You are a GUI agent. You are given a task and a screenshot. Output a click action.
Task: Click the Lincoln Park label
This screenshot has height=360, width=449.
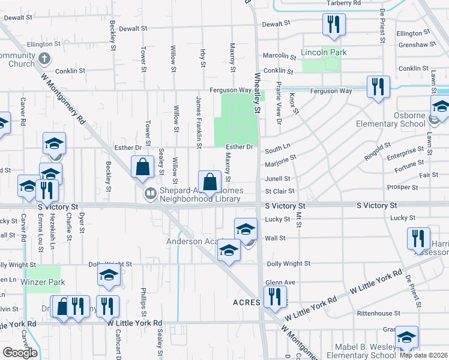tap(324, 53)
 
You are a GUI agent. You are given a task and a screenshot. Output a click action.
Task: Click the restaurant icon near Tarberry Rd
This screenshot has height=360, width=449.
tap(331, 25)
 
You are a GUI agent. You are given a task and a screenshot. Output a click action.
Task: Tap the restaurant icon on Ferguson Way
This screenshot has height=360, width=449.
tap(378, 87)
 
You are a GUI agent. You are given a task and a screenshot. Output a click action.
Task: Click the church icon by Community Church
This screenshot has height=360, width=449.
tap(43, 59)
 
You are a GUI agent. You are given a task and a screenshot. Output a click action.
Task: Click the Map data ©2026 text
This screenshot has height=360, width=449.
tap(423, 355)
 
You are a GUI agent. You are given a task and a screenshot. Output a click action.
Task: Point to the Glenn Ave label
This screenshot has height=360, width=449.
tap(280, 283)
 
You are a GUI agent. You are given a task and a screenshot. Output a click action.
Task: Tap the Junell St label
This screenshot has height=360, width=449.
tap(278, 179)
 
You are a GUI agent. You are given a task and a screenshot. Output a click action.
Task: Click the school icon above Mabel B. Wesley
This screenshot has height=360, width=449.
tap(406, 337)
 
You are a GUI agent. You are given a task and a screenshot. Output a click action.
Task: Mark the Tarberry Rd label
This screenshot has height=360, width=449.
tap(343, 3)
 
